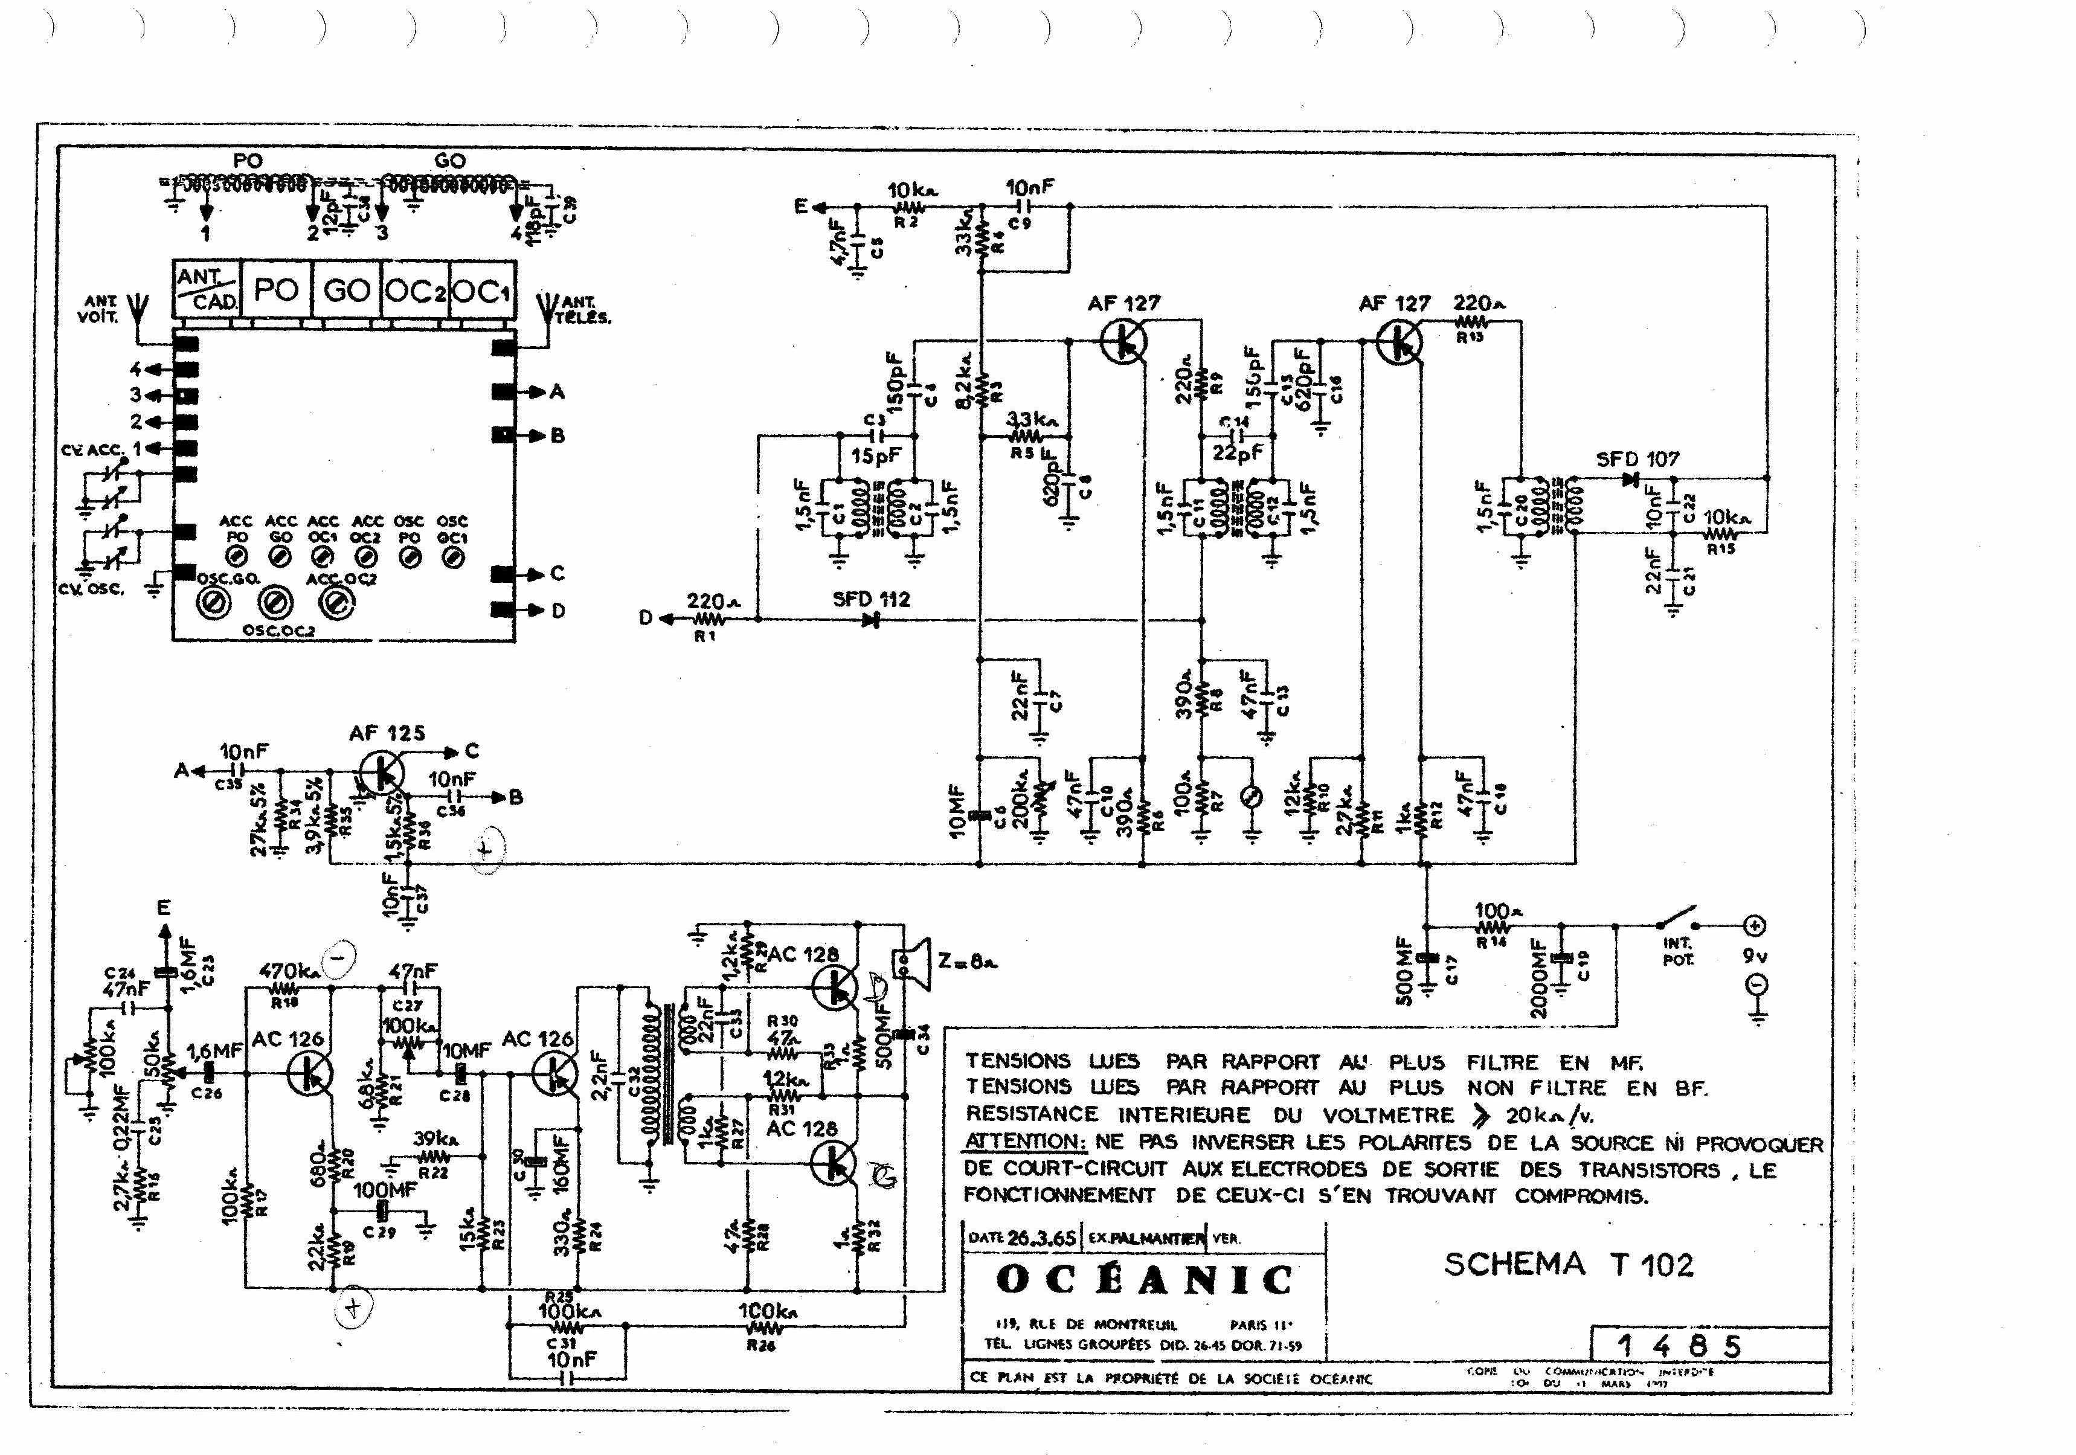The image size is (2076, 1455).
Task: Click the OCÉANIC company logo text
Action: (x=1144, y=1280)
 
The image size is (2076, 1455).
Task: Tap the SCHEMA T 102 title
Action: (x=1568, y=1264)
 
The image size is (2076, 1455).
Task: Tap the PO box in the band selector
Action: (x=276, y=291)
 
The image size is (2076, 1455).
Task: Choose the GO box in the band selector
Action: (x=346, y=291)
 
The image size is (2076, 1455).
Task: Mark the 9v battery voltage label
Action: (x=1753, y=955)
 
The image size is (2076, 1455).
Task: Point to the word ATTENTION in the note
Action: (x=1024, y=1142)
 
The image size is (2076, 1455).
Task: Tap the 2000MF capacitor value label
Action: (x=1539, y=978)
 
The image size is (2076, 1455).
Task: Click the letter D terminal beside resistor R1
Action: (x=646, y=618)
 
